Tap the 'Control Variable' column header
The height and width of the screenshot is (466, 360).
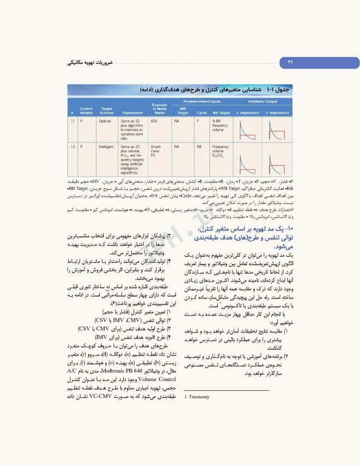[86, 109]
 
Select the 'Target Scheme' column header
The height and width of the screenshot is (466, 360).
[106, 109]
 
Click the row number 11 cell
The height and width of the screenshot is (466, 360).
[72, 121]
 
